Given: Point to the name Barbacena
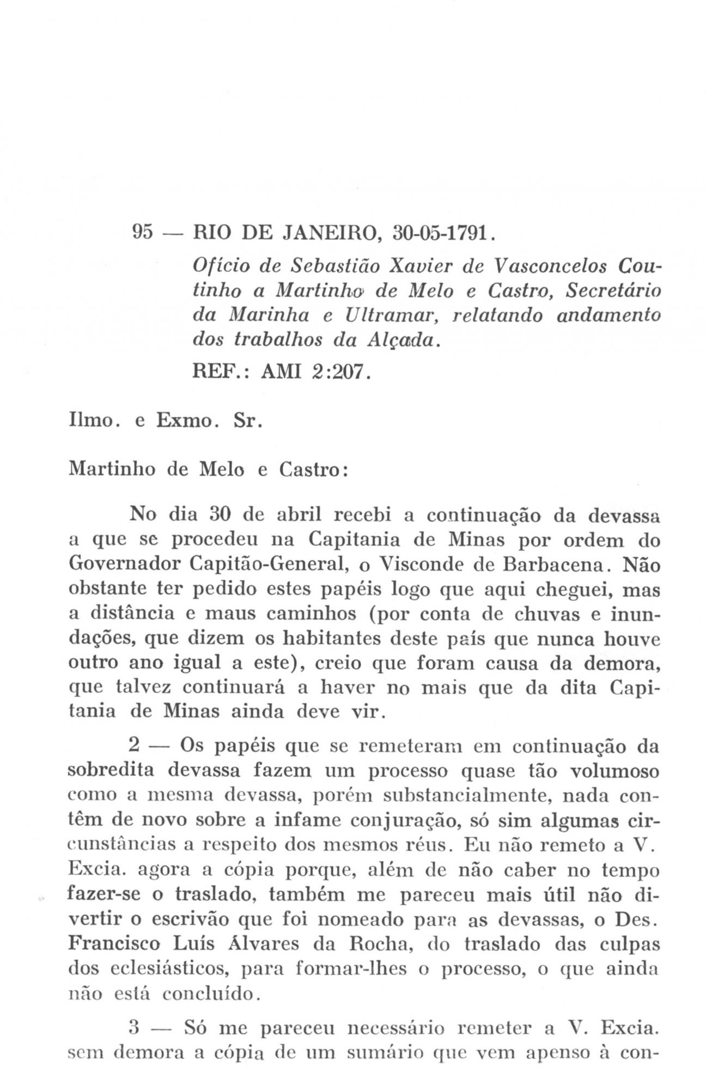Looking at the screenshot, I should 558,565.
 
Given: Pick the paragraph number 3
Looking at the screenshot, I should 134,1030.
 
